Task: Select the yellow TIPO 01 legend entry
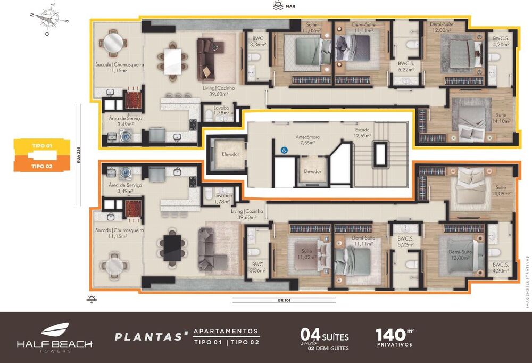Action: [41, 145]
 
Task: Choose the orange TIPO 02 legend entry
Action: [41, 166]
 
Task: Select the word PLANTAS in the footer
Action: [149, 337]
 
